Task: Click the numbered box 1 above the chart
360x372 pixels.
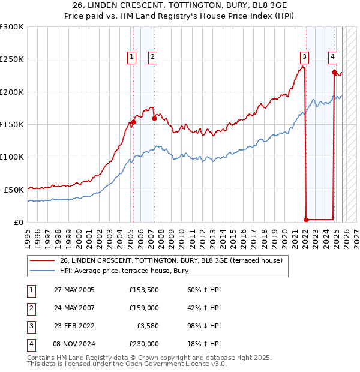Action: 131,57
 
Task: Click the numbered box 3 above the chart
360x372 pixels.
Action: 305,57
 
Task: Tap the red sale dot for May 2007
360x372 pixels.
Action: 154,118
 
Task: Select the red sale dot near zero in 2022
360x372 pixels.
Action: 306,219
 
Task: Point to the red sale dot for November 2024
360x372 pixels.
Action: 334,72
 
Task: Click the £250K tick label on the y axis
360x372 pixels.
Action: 12,59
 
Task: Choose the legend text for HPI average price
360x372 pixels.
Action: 124,271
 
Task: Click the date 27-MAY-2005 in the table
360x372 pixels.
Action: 74,290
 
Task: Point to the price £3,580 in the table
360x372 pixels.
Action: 146,326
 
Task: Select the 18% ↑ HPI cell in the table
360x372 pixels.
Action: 204,344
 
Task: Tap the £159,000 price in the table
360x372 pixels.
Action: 144,308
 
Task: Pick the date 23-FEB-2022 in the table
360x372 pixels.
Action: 74,326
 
